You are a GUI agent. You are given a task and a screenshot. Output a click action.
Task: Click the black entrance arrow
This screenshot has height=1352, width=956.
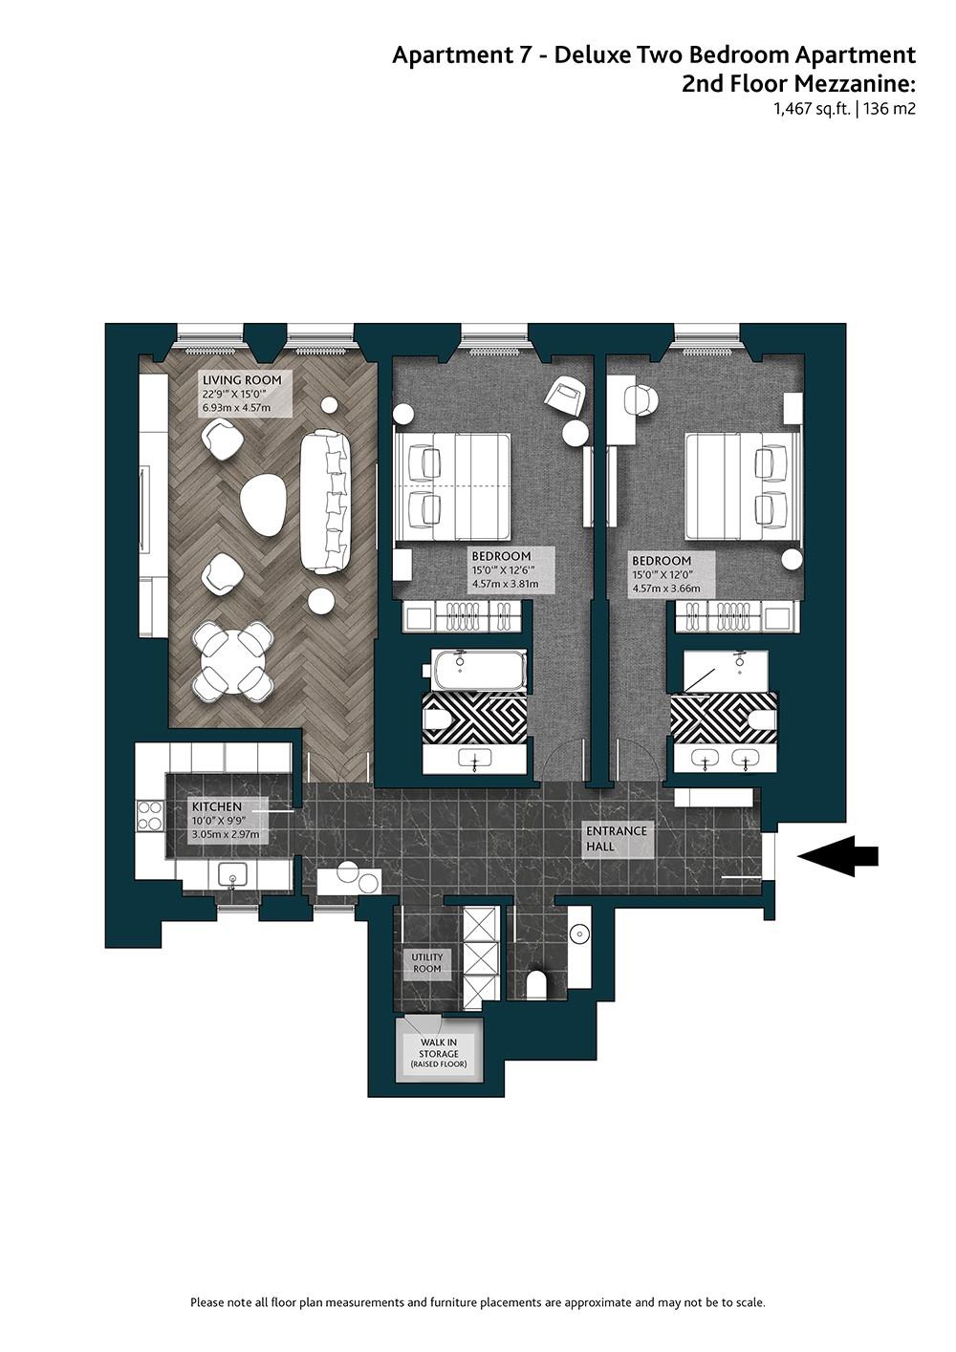837,855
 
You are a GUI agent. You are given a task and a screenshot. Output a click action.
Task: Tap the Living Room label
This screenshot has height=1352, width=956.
242,380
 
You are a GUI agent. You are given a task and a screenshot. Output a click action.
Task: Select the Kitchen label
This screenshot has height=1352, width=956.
217,806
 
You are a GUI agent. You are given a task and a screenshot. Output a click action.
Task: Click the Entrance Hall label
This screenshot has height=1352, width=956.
616,838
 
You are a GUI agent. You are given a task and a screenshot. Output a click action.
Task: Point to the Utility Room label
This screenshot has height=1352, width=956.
427,963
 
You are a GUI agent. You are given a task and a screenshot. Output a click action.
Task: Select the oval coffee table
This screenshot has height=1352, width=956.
262,504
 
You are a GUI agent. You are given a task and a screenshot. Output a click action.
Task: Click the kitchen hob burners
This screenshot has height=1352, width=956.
150,815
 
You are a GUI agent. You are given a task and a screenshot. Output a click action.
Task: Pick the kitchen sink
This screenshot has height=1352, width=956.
232,874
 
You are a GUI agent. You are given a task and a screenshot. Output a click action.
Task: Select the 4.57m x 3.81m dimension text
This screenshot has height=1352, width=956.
505,584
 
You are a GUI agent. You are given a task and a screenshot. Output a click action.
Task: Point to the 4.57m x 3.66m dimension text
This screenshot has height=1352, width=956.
666,589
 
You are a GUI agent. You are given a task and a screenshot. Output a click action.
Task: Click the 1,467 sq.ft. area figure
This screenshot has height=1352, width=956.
813,110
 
